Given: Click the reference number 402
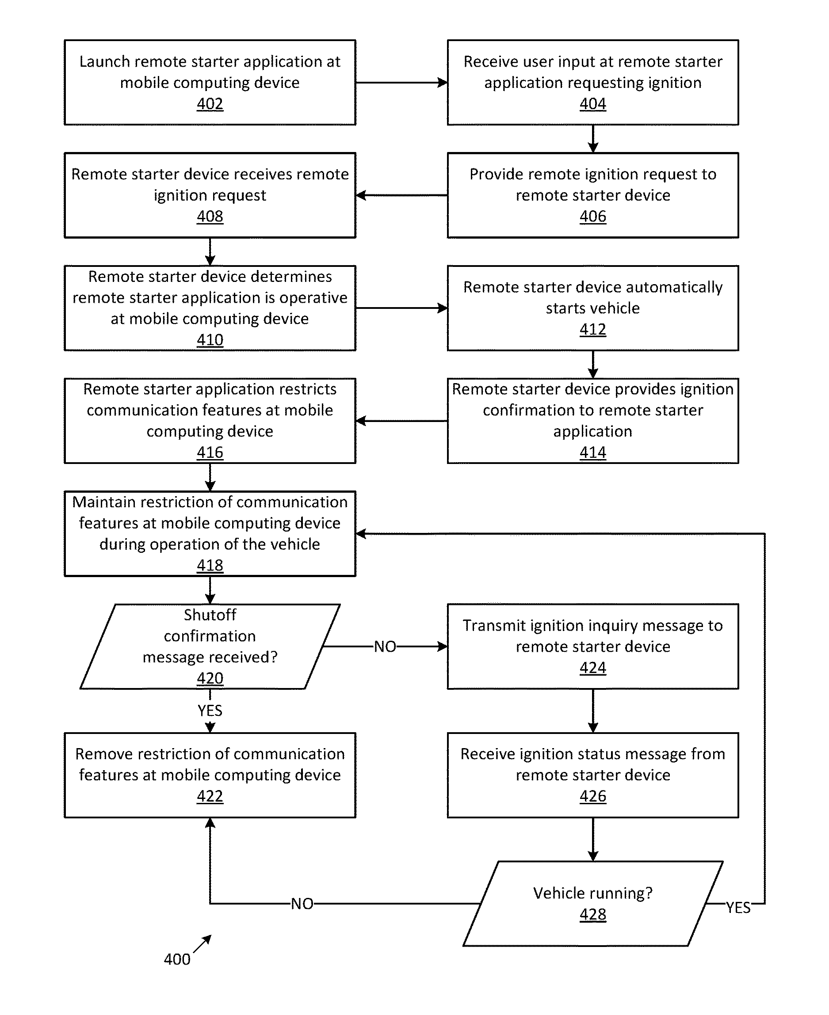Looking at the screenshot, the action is tap(210, 104).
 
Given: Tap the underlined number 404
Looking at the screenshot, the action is tap(592, 104).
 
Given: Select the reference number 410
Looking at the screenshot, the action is tap(210, 340).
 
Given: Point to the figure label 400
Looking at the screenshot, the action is tap(177, 959).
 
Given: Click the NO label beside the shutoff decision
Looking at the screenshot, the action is tap(385, 646).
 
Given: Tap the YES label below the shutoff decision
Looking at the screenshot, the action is tap(210, 711).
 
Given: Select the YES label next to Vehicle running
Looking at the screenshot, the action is tap(738, 908).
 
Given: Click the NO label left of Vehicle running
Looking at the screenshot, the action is tap(302, 904).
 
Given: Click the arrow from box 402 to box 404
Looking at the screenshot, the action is tap(401, 83).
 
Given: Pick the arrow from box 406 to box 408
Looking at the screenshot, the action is tap(401, 195).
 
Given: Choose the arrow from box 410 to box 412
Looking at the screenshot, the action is tap(401, 308).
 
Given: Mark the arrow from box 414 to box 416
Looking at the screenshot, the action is tap(401, 421).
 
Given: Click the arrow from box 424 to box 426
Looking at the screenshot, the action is tap(593, 711).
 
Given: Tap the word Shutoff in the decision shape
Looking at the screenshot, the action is tap(210, 615).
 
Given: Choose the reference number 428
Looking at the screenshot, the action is tap(592, 914).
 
